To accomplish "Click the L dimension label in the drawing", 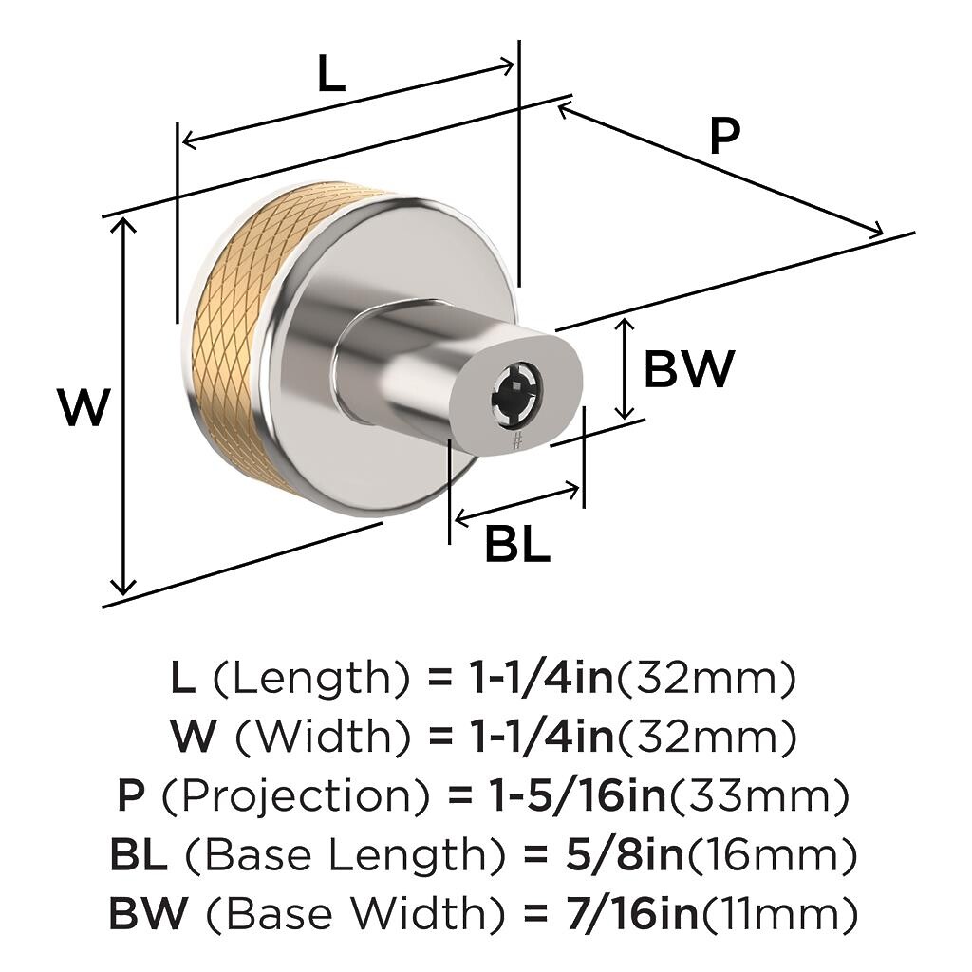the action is tap(331, 74).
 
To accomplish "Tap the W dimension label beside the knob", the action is tap(84, 406).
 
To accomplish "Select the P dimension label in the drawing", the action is tap(724, 137).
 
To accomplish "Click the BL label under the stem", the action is tap(517, 544).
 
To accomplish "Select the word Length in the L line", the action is tap(311, 678).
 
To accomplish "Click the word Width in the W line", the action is tap(325, 737).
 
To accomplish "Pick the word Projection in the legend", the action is tap(295, 796).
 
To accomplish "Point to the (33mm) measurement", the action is tap(757, 796).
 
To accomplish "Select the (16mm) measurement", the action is tap(771, 855).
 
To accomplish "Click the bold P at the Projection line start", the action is tap(131, 796).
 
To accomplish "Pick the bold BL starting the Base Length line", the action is tap(139, 855).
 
